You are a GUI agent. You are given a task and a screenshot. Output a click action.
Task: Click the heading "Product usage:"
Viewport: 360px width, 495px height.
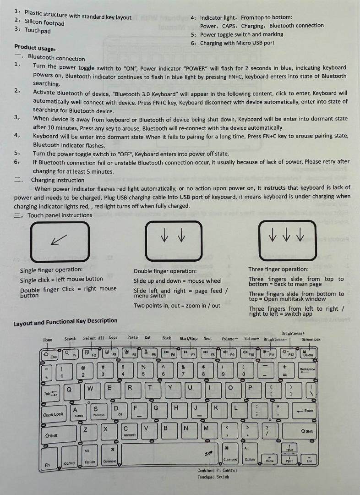pos(35,48)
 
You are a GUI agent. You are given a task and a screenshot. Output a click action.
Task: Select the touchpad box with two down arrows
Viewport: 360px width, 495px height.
pos(173,240)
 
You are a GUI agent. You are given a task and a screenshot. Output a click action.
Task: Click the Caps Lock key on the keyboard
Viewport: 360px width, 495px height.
pos(53,414)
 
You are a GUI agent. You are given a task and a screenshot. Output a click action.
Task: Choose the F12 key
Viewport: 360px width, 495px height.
pos(289,353)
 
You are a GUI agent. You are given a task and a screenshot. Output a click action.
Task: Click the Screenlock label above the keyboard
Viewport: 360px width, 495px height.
pos(311,340)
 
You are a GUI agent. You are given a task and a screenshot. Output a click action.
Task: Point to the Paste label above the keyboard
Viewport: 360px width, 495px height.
pos(132,337)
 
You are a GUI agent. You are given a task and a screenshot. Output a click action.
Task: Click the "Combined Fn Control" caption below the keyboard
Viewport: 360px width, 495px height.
pos(217,470)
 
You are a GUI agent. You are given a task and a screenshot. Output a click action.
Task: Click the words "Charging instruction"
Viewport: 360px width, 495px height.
pos(57,180)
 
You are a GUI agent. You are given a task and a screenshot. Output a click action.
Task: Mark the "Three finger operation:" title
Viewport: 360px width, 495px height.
pos(278,269)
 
